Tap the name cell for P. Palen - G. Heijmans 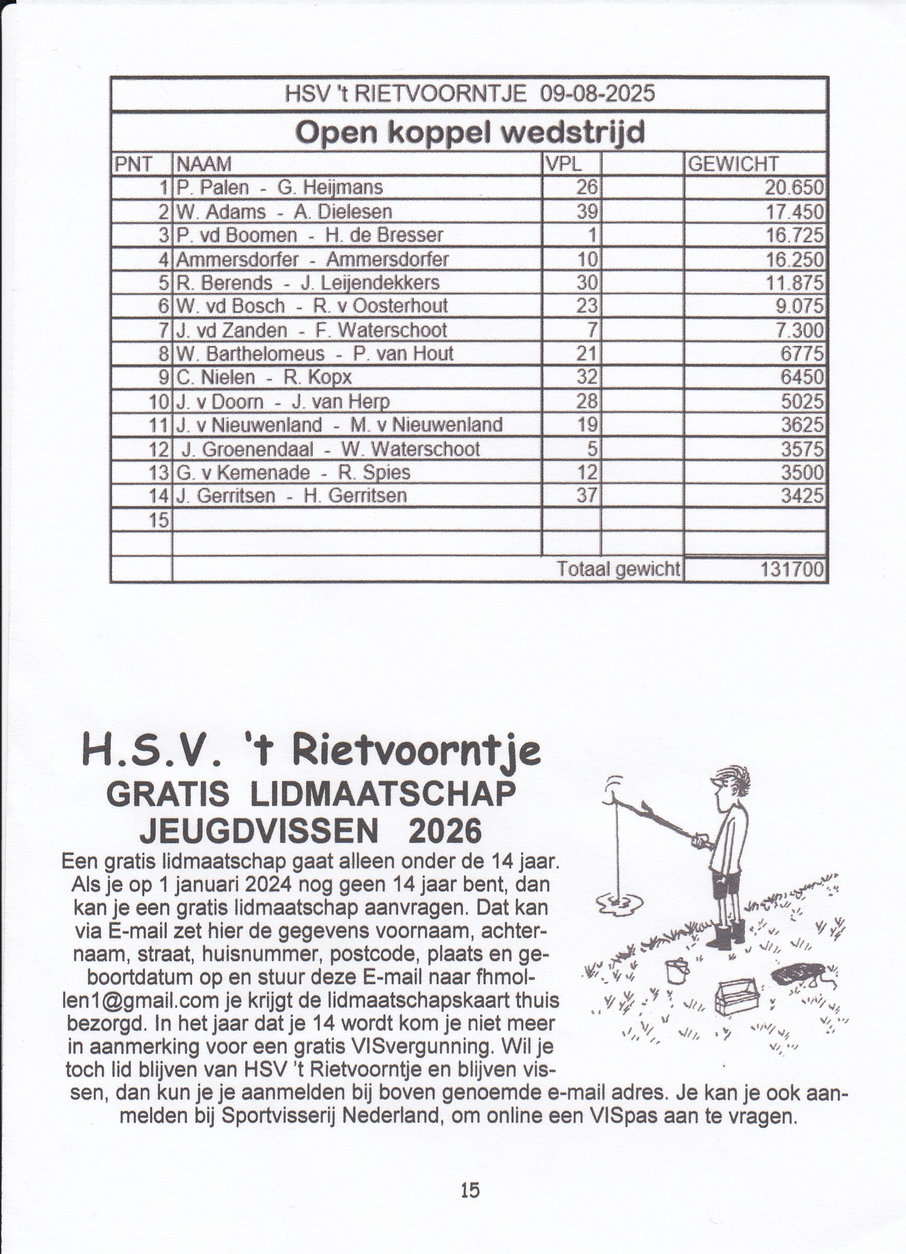pos(279,188)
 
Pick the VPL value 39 pos(587,212)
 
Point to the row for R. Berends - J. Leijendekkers pos(307,283)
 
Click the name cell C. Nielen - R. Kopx pos(264,378)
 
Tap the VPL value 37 pos(587,495)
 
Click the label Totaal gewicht pos(618,569)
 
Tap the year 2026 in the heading pos(444,831)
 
